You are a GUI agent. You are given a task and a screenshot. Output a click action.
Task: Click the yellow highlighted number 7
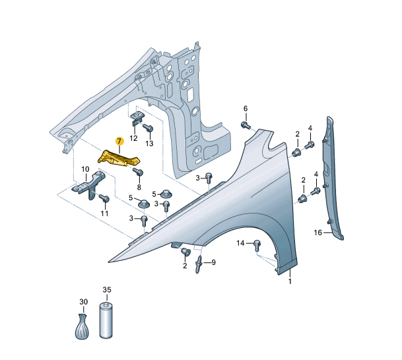point(119,141)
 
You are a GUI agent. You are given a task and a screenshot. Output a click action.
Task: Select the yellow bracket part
point(119,159)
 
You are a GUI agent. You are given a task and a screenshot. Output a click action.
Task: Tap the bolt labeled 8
point(139,173)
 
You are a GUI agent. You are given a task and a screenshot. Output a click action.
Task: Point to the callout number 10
point(85,170)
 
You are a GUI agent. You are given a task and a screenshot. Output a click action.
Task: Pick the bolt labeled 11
point(104,198)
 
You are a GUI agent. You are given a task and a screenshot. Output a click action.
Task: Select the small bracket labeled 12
point(137,119)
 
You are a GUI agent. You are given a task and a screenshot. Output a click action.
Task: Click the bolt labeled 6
point(246,124)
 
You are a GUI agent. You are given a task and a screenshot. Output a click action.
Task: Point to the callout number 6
point(245,108)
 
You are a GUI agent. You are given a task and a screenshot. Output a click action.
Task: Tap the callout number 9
point(213,262)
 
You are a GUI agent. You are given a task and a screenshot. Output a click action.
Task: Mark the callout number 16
point(318,233)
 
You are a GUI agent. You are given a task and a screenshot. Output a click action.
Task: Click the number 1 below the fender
point(289,282)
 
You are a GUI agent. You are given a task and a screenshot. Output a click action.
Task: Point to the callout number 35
point(107,289)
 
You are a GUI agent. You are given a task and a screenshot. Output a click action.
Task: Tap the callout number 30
point(83,302)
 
